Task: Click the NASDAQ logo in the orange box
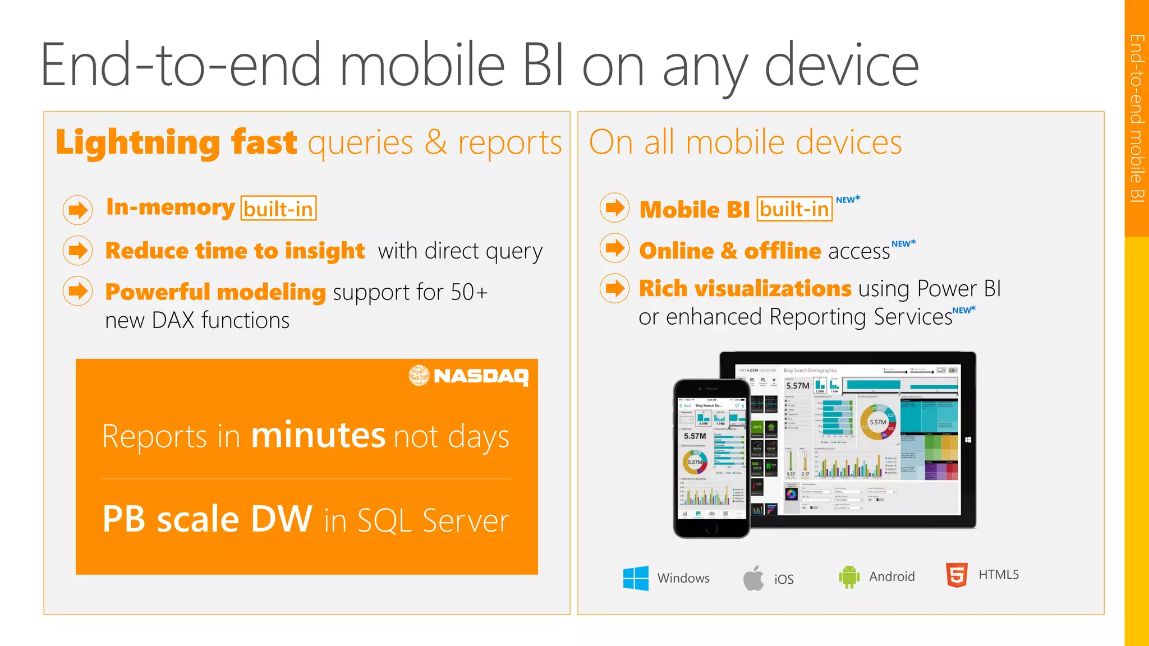(x=468, y=375)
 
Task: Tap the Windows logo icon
(x=636, y=578)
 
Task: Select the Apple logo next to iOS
(x=753, y=578)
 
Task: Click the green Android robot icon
(x=849, y=576)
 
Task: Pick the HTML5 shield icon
(x=957, y=575)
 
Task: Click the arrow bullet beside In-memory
(x=77, y=210)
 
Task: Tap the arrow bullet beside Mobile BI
(x=615, y=207)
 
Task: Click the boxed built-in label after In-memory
(x=278, y=209)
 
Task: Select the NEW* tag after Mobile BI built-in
(x=848, y=200)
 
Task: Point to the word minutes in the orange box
(x=318, y=435)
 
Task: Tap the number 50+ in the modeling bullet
(x=469, y=292)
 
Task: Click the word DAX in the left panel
(x=173, y=320)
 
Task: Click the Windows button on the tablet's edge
(x=968, y=440)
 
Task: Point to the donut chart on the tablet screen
(x=877, y=422)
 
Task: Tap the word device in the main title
(x=841, y=66)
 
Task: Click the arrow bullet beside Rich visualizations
(x=615, y=288)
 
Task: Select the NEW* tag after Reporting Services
(x=964, y=310)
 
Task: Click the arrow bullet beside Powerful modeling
(x=77, y=291)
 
